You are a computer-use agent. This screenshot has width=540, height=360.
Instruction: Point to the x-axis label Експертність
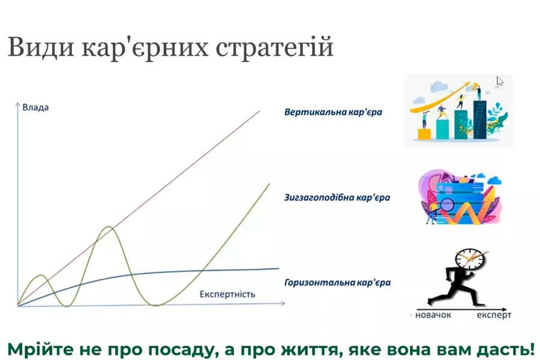[x=227, y=294]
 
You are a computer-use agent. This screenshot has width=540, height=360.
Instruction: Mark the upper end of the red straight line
[x=260, y=110]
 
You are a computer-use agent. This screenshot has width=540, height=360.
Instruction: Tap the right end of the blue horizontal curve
[x=278, y=268]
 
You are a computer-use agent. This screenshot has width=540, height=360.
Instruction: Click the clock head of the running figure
[x=469, y=260]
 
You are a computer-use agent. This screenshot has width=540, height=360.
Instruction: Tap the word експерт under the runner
[x=495, y=314]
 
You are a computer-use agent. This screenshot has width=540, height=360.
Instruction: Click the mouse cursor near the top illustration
[x=500, y=81]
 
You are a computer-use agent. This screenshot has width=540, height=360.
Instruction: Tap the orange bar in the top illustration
[x=424, y=133]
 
